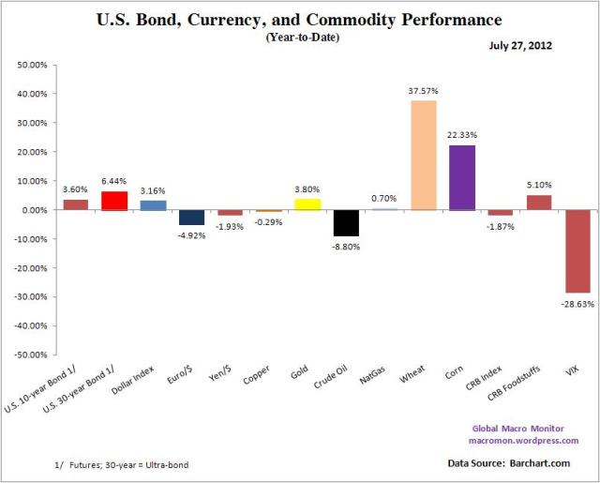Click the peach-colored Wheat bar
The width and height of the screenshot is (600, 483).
(x=424, y=155)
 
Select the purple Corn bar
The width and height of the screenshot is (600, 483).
(x=462, y=177)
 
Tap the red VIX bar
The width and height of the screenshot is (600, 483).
(x=577, y=251)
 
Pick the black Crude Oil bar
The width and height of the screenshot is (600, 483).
(x=347, y=222)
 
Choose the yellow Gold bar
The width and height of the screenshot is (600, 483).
(x=308, y=204)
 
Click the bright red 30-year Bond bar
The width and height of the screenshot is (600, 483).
(x=115, y=201)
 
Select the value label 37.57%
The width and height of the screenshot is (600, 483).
(x=425, y=91)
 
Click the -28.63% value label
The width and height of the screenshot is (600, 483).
(x=578, y=303)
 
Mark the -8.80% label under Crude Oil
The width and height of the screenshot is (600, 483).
(x=347, y=246)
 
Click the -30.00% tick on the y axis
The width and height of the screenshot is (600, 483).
(x=33, y=297)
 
